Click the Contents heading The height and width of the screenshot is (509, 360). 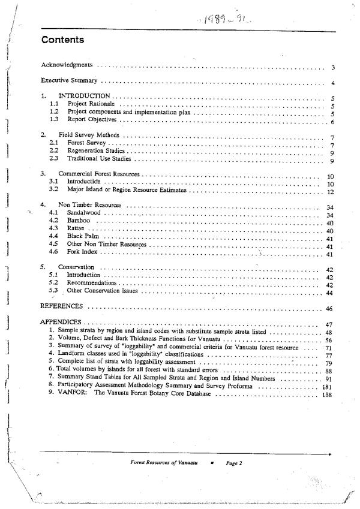(x=62, y=40)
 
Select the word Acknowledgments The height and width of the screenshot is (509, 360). (x=66, y=64)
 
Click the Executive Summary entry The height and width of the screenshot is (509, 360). (x=69, y=80)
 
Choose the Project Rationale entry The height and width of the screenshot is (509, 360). (x=91, y=104)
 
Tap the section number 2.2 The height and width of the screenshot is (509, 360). (x=54, y=151)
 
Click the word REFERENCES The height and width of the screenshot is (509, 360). (x=61, y=306)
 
